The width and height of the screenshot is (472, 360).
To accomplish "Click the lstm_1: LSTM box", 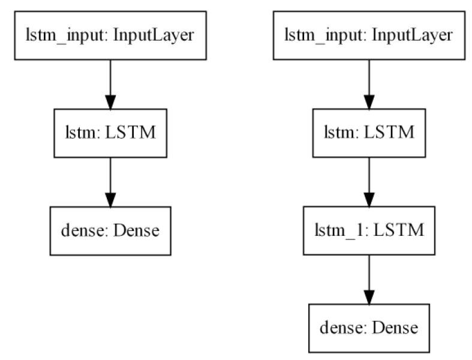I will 369,230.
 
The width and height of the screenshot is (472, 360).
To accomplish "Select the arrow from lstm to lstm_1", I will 369,180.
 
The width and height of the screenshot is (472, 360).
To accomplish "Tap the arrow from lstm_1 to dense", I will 369,278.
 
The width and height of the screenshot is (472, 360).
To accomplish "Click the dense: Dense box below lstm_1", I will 369,328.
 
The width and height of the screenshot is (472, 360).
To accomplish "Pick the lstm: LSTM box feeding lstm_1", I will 369,132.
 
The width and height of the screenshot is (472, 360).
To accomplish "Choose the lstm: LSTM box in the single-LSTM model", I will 110,132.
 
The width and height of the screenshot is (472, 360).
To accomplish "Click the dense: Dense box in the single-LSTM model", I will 110,230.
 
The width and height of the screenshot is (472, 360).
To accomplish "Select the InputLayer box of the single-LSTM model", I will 110,35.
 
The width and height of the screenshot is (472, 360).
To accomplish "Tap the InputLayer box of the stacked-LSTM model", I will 369,35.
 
